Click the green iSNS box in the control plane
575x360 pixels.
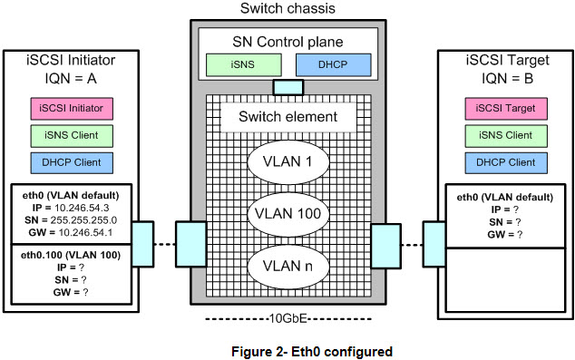pos(244,65)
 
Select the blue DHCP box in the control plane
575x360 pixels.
pos(334,65)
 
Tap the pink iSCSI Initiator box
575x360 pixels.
pos(72,109)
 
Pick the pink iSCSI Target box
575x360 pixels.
pos(506,109)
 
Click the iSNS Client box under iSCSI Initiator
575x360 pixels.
pos(72,136)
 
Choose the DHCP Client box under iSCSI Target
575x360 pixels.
pos(506,162)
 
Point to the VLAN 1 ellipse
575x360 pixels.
pos(288,162)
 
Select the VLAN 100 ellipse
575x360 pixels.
pos(288,214)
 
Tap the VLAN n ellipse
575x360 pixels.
pos(288,267)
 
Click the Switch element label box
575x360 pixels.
pos(288,117)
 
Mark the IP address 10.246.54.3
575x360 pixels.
pos(82,208)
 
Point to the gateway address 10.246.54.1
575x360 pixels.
pos(85,232)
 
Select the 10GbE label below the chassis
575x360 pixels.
pos(287,318)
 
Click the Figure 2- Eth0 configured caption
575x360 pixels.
pos(312,352)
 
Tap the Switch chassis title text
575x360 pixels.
pos(287,8)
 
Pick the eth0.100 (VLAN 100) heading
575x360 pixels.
pos(71,255)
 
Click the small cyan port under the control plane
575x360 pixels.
pos(288,87)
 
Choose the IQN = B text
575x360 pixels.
pos(507,79)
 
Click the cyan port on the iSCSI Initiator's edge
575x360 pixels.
pos(142,244)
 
